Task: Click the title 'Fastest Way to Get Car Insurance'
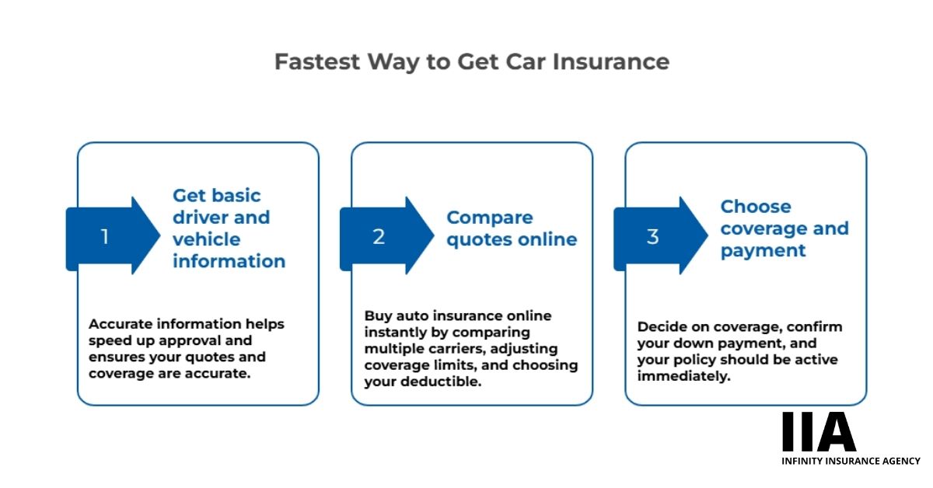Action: (x=471, y=62)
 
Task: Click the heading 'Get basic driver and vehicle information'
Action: (x=229, y=228)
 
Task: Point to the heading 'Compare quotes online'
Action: (x=512, y=228)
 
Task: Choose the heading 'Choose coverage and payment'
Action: (x=784, y=228)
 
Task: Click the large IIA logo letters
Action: (x=818, y=433)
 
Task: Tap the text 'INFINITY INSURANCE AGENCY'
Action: (x=851, y=461)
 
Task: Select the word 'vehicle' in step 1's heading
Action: (x=206, y=239)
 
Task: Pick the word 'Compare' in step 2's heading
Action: (x=490, y=218)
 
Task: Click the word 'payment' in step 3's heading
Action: (x=763, y=251)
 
